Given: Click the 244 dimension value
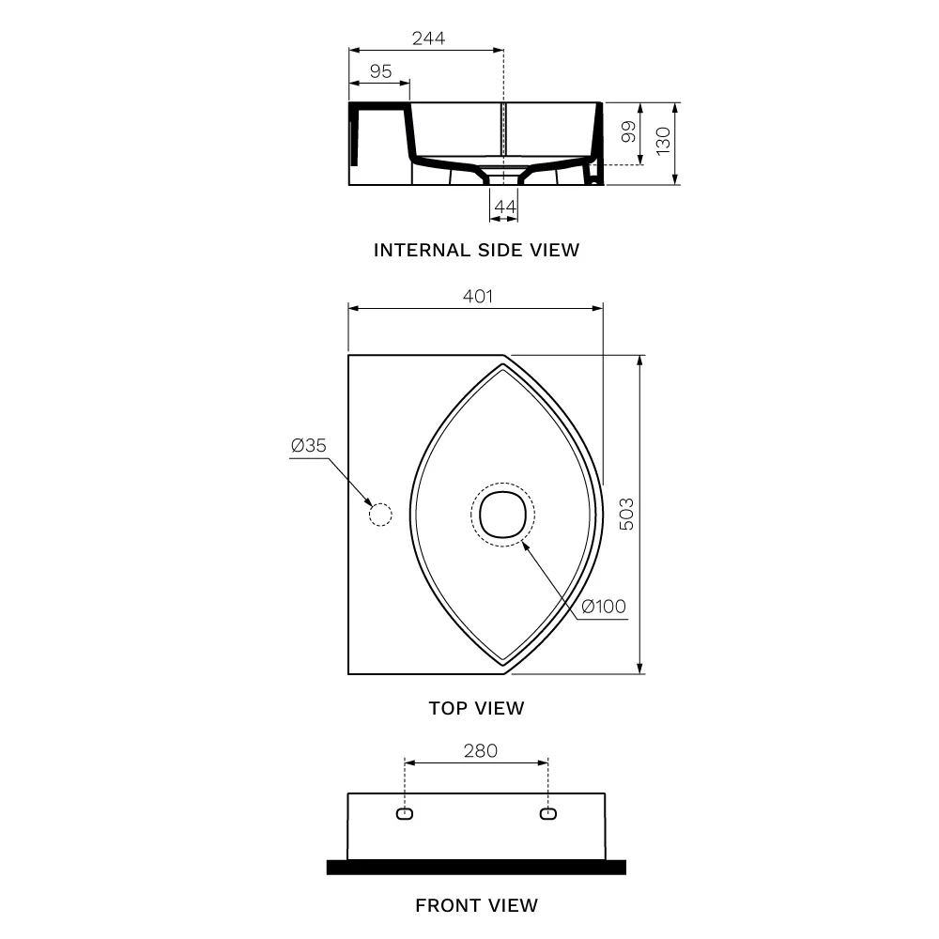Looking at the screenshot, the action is coord(428,38).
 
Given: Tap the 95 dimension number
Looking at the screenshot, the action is coord(380,71).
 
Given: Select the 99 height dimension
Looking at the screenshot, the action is coord(628,131).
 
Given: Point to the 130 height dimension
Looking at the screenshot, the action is coord(663,142).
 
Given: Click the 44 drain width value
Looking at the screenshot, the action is coord(504,207).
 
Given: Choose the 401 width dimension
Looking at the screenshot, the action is coord(478,297).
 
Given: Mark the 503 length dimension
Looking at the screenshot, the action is coord(625,514).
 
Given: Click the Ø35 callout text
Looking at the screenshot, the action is coord(308,445).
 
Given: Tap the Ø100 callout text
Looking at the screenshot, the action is coord(604,607).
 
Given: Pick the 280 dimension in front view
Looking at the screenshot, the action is coord(480,751).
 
